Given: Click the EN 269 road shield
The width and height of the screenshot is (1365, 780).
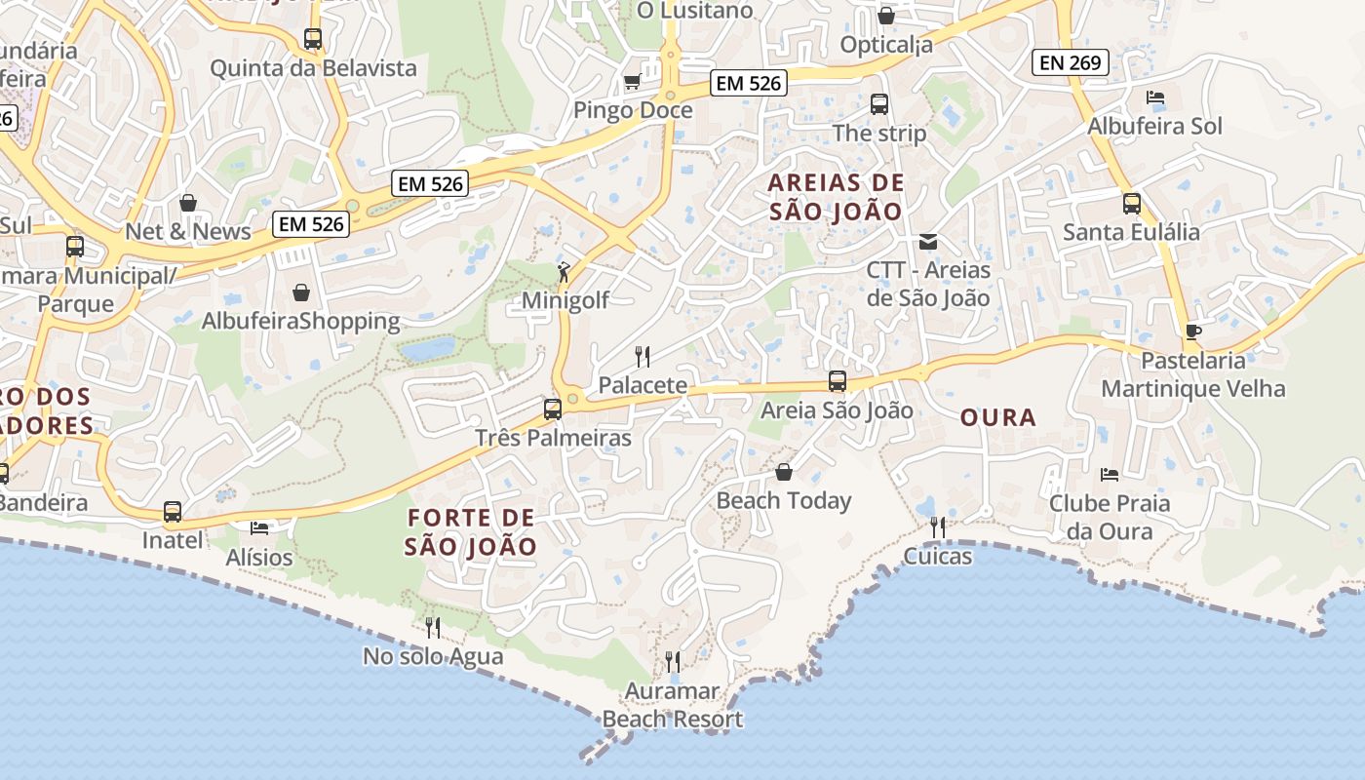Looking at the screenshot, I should [x=1071, y=62].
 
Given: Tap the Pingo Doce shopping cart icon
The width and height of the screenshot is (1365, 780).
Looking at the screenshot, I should [x=632, y=82].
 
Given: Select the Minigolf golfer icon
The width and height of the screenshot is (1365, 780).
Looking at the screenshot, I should [x=564, y=271].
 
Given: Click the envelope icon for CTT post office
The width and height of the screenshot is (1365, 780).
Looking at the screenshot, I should [x=928, y=241].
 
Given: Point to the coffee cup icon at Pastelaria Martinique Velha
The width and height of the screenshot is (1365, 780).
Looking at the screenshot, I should [x=1192, y=331].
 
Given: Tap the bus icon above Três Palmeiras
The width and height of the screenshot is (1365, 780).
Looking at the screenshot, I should [x=552, y=409].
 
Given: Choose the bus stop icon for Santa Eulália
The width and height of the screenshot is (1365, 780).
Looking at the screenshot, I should [x=1131, y=204].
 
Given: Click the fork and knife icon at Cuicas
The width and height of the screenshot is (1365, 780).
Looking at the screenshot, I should [x=937, y=527].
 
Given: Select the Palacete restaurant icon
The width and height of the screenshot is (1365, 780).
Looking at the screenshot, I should [x=642, y=356].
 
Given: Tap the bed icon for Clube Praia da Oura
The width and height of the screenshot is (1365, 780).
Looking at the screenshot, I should [x=1109, y=475].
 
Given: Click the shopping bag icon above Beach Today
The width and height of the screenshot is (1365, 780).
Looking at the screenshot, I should [x=783, y=473].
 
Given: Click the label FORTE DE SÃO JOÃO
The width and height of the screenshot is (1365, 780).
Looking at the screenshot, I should [x=471, y=532].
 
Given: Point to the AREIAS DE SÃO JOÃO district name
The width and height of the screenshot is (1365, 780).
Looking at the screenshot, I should [x=836, y=197].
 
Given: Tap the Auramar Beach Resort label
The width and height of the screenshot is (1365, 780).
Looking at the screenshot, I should [x=672, y=706].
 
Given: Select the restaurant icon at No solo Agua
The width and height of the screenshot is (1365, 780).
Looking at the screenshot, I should [x=433, y=627].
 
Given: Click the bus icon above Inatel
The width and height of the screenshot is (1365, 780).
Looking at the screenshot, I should [x=173, y=511].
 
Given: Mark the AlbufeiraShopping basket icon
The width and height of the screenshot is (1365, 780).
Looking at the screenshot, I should [x=301, y=292].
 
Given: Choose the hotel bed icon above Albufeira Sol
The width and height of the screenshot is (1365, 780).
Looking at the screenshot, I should [x=1155, y=97].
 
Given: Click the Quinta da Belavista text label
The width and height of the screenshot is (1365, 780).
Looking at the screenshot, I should [x=313, y=68].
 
